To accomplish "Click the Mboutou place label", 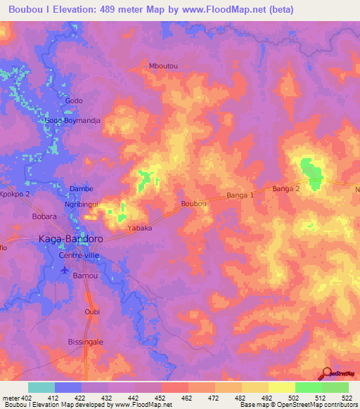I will point(163,66).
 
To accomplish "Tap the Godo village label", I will point(74,101).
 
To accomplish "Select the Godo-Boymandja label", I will point(73,121).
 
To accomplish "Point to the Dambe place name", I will point(81,189).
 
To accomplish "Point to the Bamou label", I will point(85,277).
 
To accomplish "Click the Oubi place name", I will point(92,312).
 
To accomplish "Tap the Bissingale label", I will point(85,342).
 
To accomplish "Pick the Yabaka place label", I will point(140,228).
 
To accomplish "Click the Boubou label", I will point(193,203).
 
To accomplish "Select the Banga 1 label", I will point(240,195).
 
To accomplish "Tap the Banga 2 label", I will point(286,188).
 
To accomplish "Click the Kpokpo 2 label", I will point(15,194).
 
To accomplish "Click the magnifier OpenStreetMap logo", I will point(326,372).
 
